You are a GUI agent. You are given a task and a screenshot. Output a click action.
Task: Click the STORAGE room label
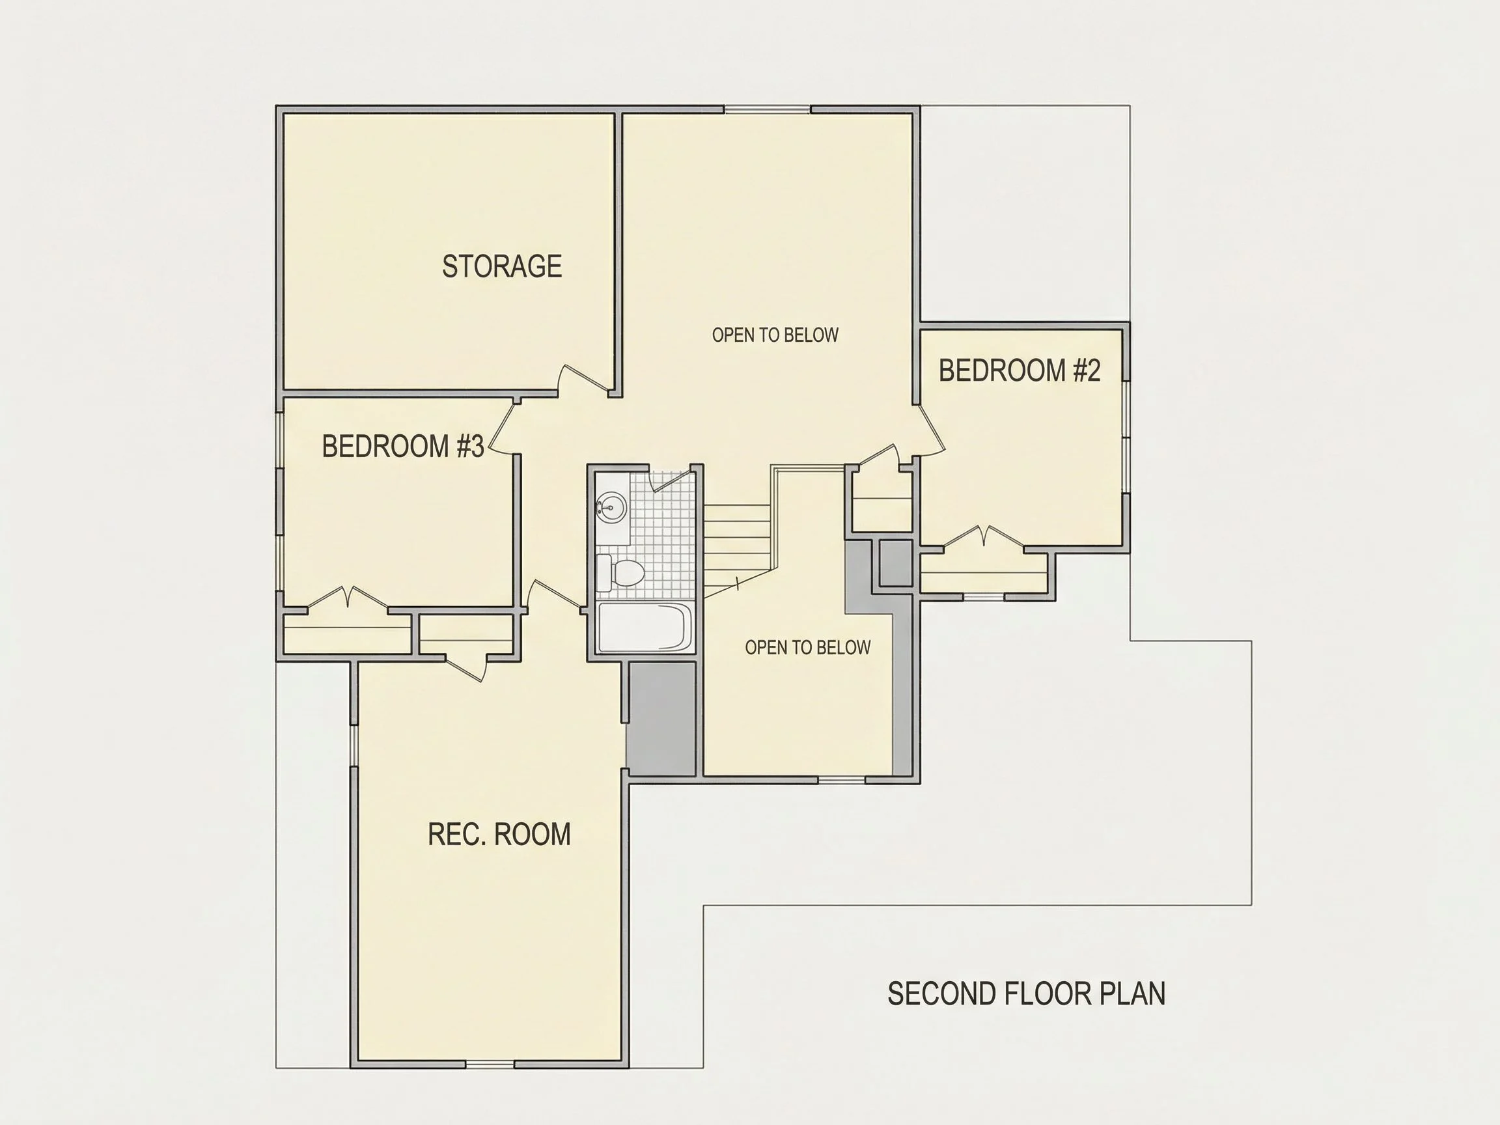pos(502,266)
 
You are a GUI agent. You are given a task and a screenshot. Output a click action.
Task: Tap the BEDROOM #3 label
pos(403,445)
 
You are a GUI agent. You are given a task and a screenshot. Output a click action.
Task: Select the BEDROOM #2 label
pos(1020,370)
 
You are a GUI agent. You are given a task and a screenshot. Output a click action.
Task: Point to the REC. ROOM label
pos(499,834)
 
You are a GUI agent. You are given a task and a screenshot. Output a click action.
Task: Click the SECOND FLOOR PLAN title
pos(1027,993)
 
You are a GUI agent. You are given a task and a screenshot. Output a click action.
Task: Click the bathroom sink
pos(611,507)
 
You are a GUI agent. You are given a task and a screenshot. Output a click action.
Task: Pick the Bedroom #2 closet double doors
pos(983,536)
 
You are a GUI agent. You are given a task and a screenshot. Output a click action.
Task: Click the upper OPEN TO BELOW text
pos(775,335)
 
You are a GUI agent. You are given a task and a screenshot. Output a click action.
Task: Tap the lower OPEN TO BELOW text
pos(808,648)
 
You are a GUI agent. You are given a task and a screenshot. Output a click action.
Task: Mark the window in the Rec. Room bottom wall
pos(490,1064)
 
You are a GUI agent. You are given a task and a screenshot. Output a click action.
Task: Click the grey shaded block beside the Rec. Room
pos(661,719)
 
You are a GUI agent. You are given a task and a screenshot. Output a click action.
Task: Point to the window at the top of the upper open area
pos(768,109)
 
